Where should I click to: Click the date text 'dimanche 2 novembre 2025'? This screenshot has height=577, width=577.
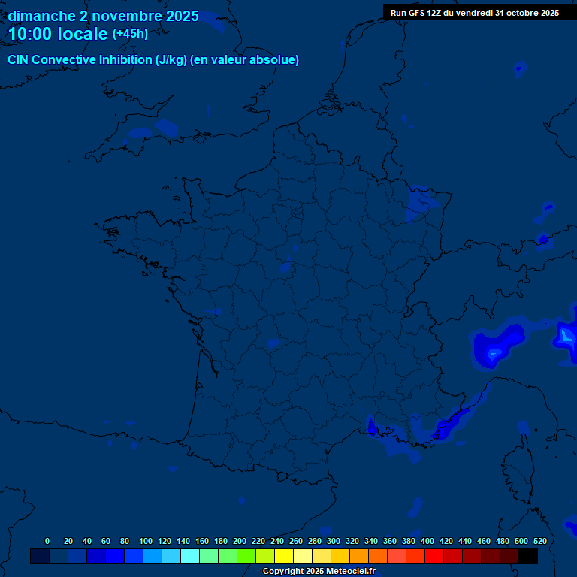coord(103,16)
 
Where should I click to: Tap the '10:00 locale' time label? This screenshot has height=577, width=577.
coord(58,35)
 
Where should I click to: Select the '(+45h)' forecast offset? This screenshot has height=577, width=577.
coord(130,34)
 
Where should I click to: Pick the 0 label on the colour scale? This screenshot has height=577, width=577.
coord(47,541)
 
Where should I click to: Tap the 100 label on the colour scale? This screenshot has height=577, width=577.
coord(146,541)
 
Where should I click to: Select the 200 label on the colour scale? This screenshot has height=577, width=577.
coord(240,541)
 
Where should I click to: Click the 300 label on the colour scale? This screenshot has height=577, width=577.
coord(334,541)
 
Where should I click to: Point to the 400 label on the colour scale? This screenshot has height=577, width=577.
coord(427,541)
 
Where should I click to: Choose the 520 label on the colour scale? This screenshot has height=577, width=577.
coord(539,541)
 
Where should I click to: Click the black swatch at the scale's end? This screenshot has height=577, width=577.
coord(528,556)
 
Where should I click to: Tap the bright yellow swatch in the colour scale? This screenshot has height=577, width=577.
coord(284,556)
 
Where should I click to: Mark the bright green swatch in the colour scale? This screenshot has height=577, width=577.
coord(246,556)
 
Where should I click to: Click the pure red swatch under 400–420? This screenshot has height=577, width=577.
coord(434,556)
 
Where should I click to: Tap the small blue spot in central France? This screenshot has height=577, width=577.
coord(285,264)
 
